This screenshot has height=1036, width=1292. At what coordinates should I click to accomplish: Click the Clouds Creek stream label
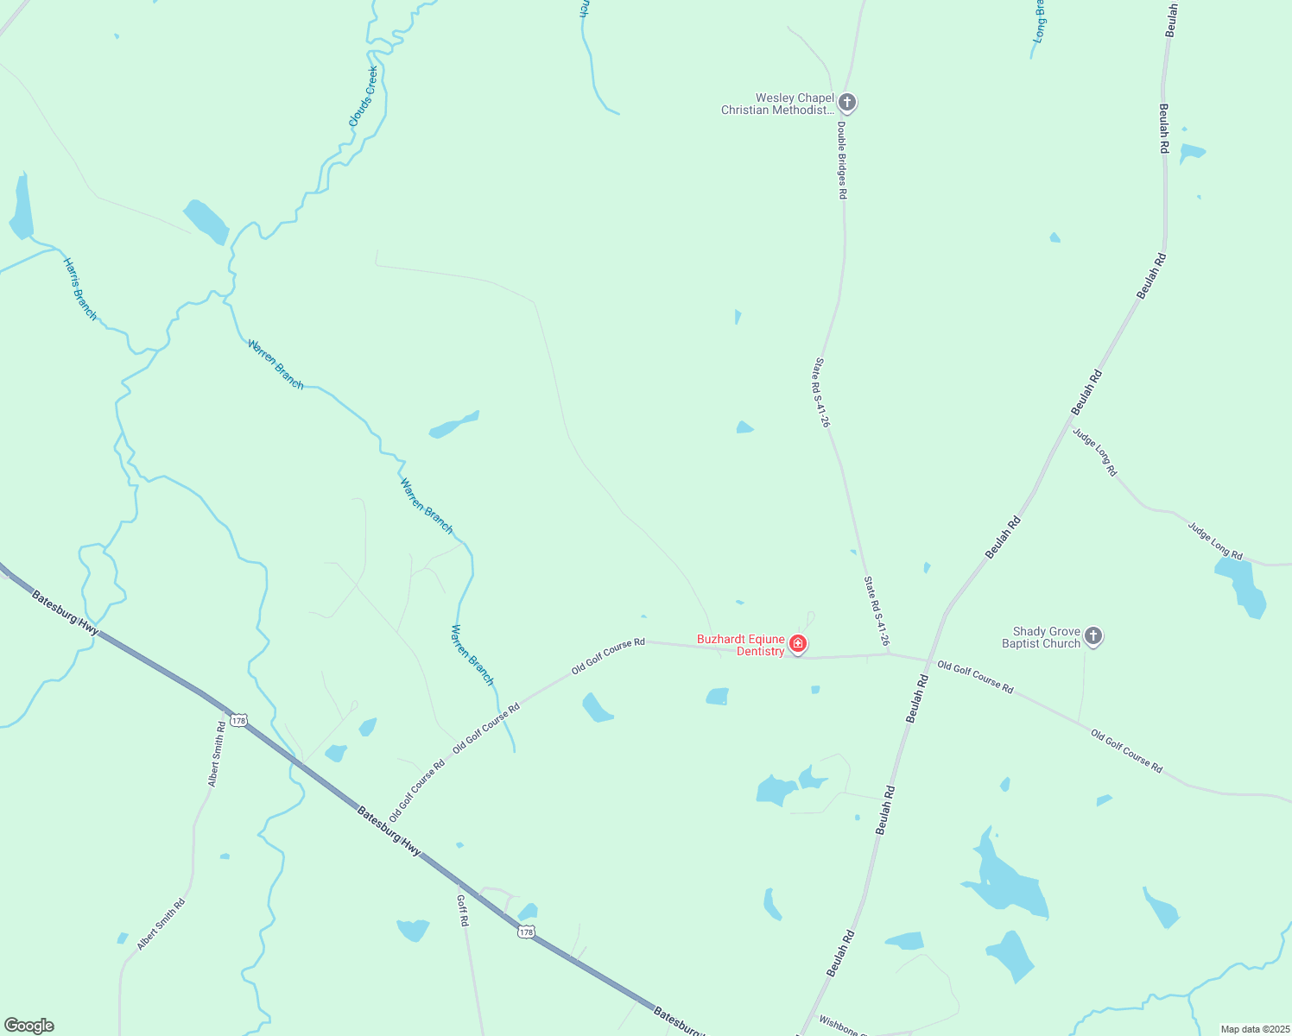[x=364, y=97]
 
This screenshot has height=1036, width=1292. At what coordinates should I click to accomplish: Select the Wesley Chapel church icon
[x=847, y=104]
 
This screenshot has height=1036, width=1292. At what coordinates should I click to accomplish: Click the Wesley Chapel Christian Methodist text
[x=778, y=104]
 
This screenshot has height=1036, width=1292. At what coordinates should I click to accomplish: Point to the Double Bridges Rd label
[x=841, y=160]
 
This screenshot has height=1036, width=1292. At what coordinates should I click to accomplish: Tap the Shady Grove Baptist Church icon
[x=1092, y=637]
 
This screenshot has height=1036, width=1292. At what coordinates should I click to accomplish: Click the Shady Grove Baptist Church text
[x=1042, y=638]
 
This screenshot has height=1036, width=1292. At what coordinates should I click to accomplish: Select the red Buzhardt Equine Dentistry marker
[x=798, y=644]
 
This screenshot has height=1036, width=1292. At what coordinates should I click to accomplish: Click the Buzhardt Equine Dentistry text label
[x=741, y=646]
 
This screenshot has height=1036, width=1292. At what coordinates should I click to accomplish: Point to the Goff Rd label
[x=463, y=911]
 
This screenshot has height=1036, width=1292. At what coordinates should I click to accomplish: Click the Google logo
[x=29, y=1026]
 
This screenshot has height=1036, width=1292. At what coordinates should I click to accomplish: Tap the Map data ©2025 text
[x=1254, y=1029]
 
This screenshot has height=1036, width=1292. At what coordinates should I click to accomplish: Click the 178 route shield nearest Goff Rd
[x=526, y=932]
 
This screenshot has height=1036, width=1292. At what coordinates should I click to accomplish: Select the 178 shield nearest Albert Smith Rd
[x=239, y=721]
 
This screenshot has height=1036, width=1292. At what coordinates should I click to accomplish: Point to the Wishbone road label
[x=839, y=1025]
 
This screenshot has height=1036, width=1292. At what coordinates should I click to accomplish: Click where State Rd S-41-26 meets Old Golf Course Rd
[x=889, y=654]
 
